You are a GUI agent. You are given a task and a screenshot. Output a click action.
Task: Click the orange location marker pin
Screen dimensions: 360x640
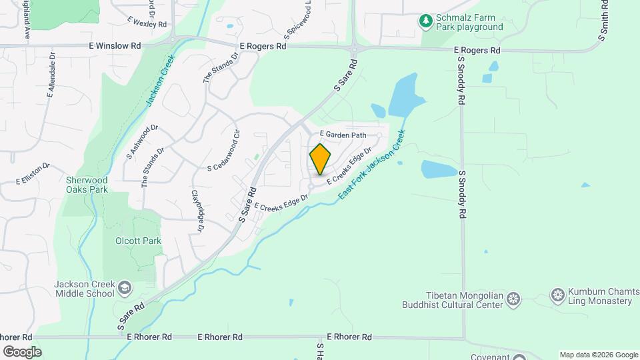[x=320, y=159]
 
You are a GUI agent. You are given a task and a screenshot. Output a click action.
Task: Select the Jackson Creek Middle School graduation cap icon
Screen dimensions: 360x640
[x=124, y=288]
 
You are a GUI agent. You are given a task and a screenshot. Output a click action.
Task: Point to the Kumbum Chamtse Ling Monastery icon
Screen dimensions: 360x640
[x=558, y=294]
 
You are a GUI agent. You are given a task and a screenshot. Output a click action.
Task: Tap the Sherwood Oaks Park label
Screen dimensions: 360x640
[x=87, y=184]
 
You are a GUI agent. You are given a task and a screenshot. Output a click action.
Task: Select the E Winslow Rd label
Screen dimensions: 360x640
[x=115, y=46]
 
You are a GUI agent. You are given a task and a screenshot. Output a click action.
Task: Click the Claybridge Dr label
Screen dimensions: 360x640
[x=197, y=211]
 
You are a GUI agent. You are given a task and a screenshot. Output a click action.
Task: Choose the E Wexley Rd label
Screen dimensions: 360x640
[x=147, y=23]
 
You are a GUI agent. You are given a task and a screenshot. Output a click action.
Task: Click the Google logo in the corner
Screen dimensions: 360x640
[x=21, y=352]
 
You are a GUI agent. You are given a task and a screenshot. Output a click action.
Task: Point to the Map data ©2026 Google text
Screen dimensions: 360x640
[x=598, y=355]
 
